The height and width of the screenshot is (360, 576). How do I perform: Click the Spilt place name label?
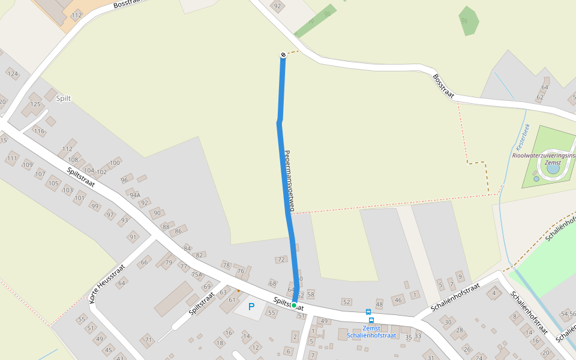[63, 98]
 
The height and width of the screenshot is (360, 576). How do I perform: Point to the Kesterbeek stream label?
[520, 137]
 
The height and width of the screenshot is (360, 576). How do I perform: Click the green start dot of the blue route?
[294, 305]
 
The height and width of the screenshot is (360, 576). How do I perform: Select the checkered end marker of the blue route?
[283, 55]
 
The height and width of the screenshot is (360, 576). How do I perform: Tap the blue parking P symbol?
[251, 307]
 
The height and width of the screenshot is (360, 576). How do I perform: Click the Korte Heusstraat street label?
[107, 283]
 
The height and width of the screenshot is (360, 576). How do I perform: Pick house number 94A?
[135, 195]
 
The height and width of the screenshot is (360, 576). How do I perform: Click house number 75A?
[197, 275]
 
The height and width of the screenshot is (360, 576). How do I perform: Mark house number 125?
[35, 105]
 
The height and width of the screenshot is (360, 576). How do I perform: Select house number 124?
[13, 74]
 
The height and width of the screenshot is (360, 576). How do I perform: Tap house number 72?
[281, 260]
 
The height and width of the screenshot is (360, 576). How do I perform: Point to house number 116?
[39, 131]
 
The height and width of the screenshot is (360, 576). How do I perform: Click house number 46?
[398, 300]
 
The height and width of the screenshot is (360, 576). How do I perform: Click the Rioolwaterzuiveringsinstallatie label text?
[543, 155]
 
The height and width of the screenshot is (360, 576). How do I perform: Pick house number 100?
[115, 163]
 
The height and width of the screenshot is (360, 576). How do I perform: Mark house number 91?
[133, 237]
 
